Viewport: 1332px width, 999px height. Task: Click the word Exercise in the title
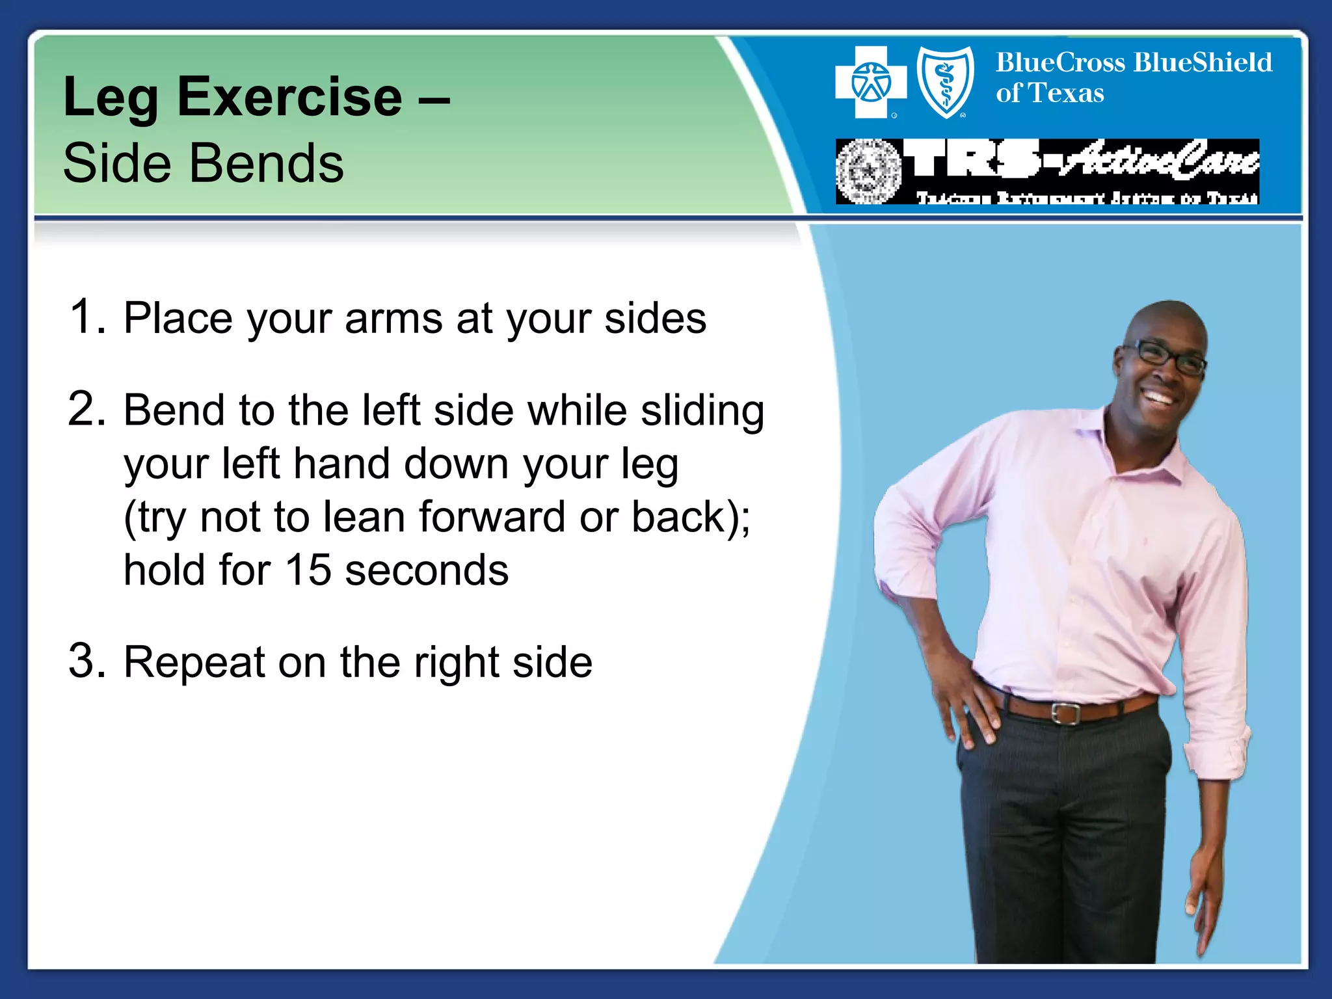(x=289, y=98)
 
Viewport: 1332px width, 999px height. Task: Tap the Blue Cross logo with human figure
(x=870, y=83)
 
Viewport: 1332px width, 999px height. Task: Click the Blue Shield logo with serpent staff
(x=945, y=83)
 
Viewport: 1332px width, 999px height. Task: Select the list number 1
(x=85, y=317)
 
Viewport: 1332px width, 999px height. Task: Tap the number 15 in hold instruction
(x=308, y=570)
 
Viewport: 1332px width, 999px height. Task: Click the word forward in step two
(x=492, y=517)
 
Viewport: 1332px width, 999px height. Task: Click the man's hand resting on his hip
(x=969, y=709)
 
